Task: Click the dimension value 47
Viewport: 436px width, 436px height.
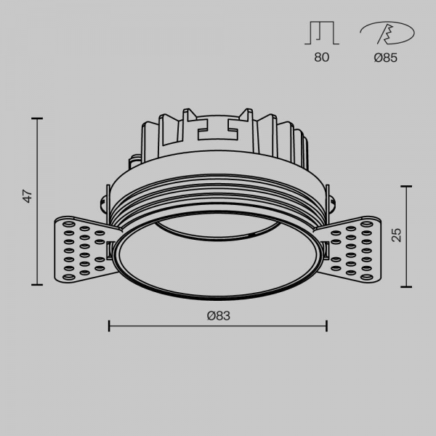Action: pyautogui.click(x=28, y=196)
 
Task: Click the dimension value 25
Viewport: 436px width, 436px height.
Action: pyautogui.click(x=395, y=235)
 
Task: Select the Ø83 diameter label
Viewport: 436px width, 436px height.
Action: pyautogui.click(x=218, y=315)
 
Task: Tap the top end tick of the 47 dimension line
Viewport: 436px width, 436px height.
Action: pyautogui.click(x=38, y=118)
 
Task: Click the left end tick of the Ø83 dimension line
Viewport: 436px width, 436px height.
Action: pyautogui.click(x=109, y=326)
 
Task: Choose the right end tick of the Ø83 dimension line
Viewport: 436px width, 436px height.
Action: pyautogui.click(x=326, y=326)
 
